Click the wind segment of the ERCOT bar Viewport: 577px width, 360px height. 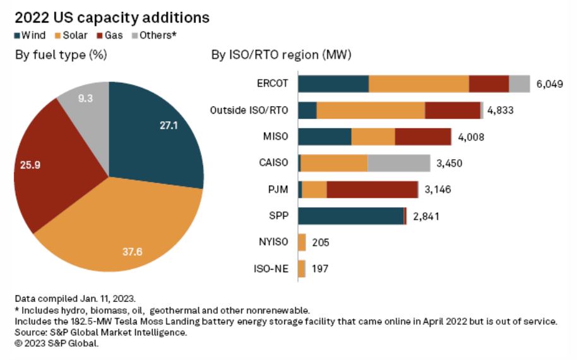(x=333, y=84)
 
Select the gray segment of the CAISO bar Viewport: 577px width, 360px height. (x=398, y=163)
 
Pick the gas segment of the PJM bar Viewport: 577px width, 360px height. (x=372, y=189)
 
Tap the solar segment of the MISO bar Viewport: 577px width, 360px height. (x=372, y=137)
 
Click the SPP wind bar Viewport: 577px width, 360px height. (x=350, y=216)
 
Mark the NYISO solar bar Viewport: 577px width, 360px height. (x=302, y=243)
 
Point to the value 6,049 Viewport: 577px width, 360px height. (x=549, y=84)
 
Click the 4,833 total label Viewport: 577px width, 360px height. (x=500, y=111)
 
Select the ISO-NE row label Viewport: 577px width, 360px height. (x=271, y=269)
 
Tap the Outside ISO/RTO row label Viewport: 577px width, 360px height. (x=249, y=111)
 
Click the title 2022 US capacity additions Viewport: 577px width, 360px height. (x=112, y=17)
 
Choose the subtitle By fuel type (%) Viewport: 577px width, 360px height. (x=61, y=55)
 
